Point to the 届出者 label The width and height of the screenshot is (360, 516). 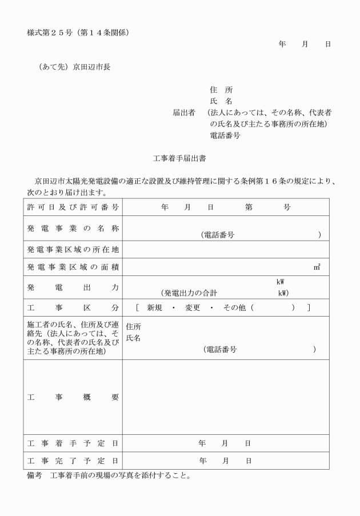185,113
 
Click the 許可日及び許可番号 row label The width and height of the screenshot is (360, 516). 73,207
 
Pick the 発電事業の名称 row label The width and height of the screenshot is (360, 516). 73,229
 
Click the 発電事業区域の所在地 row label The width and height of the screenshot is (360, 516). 73,250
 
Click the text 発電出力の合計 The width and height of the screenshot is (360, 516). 189,293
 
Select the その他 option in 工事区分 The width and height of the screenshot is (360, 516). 234,307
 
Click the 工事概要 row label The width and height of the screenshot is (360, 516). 73,397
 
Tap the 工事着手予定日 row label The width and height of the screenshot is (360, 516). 73,443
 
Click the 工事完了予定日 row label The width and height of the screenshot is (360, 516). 73,460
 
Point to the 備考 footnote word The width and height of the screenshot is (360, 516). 34,475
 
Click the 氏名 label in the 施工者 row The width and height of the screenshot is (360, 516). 133,338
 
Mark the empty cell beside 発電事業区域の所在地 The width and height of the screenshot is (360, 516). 226,250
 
